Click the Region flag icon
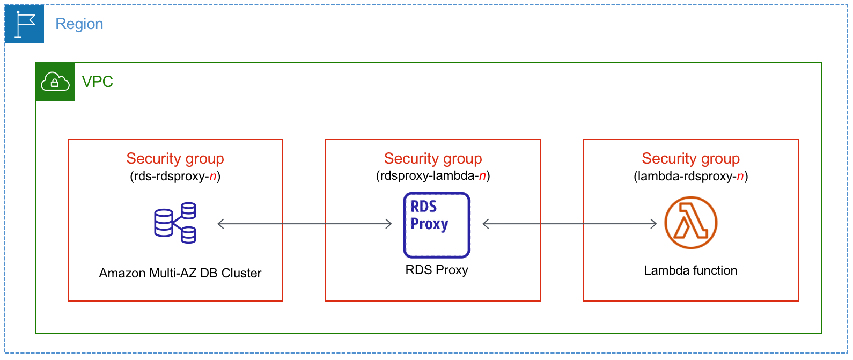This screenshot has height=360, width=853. click(24, 24)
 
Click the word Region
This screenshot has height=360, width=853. click(79, 24)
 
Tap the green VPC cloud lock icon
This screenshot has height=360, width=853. click(55, 82)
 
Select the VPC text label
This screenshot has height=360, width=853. click(97, 82)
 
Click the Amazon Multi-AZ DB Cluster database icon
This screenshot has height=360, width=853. click(175, 223)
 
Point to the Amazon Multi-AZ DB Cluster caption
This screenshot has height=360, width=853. click(180, 273)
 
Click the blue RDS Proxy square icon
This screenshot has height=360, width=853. click(437, 225)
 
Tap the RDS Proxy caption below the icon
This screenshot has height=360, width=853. click(437, 270)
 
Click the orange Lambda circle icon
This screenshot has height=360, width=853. click(690, 223)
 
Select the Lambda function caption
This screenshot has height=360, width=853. click(690, 270)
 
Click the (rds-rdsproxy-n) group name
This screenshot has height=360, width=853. click(175, 176)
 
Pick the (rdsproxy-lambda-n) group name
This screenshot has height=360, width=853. click(433, 175)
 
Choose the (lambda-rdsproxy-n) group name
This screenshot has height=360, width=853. click(690, 176)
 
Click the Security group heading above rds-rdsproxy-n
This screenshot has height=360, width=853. click(175, 158)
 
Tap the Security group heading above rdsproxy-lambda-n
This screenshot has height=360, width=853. click(433, 158)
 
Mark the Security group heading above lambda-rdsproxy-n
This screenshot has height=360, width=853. click(690, 158)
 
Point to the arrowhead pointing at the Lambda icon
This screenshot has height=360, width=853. click(653, 224)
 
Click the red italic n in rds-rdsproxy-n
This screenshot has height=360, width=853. click(213, 176)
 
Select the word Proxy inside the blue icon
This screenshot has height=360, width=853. click(429, 224)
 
